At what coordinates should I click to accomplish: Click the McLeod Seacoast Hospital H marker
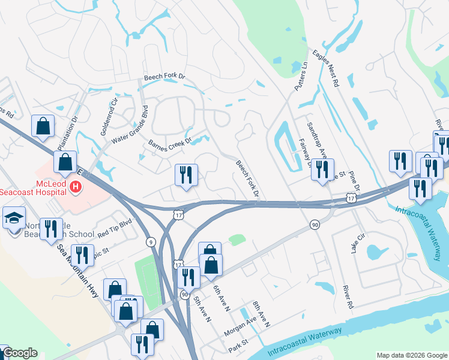click(76, 187)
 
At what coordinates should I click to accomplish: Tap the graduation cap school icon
click(13, 217)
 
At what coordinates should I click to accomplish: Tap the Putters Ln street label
click(300, 77)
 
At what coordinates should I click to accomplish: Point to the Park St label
click(238, 349)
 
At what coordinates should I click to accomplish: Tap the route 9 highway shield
click(149, 242)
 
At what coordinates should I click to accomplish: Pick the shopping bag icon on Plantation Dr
click(43, 126)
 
